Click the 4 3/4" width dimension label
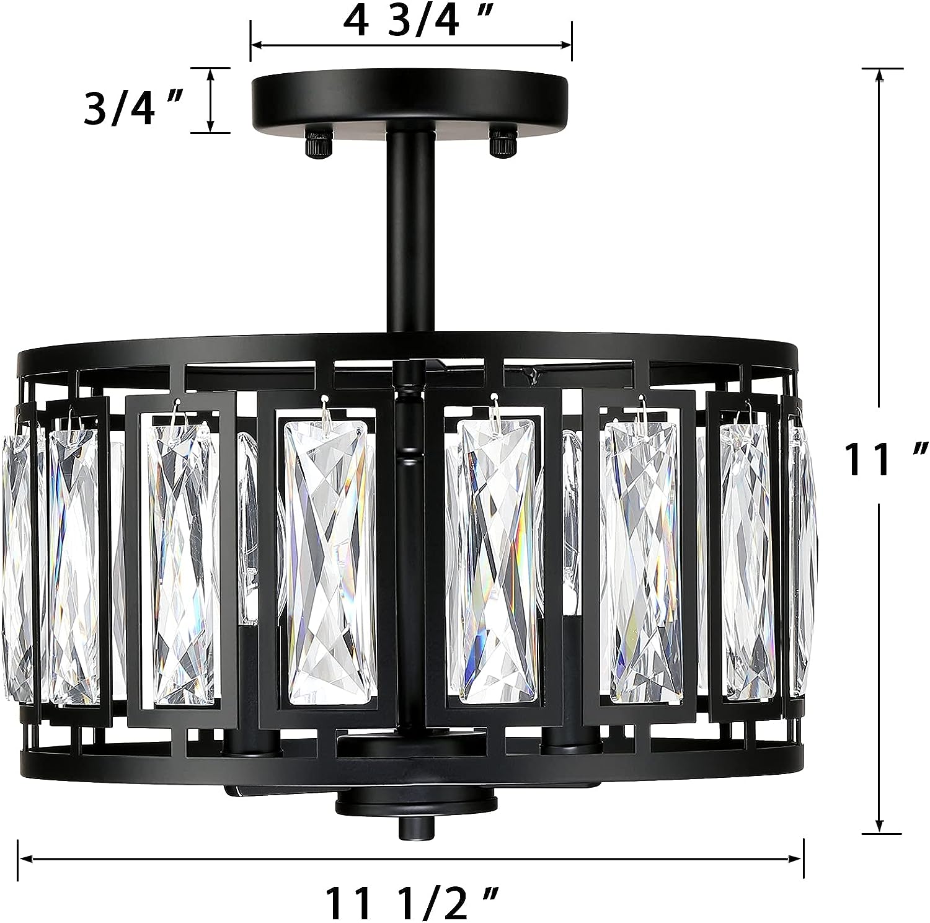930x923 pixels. [410, 22]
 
